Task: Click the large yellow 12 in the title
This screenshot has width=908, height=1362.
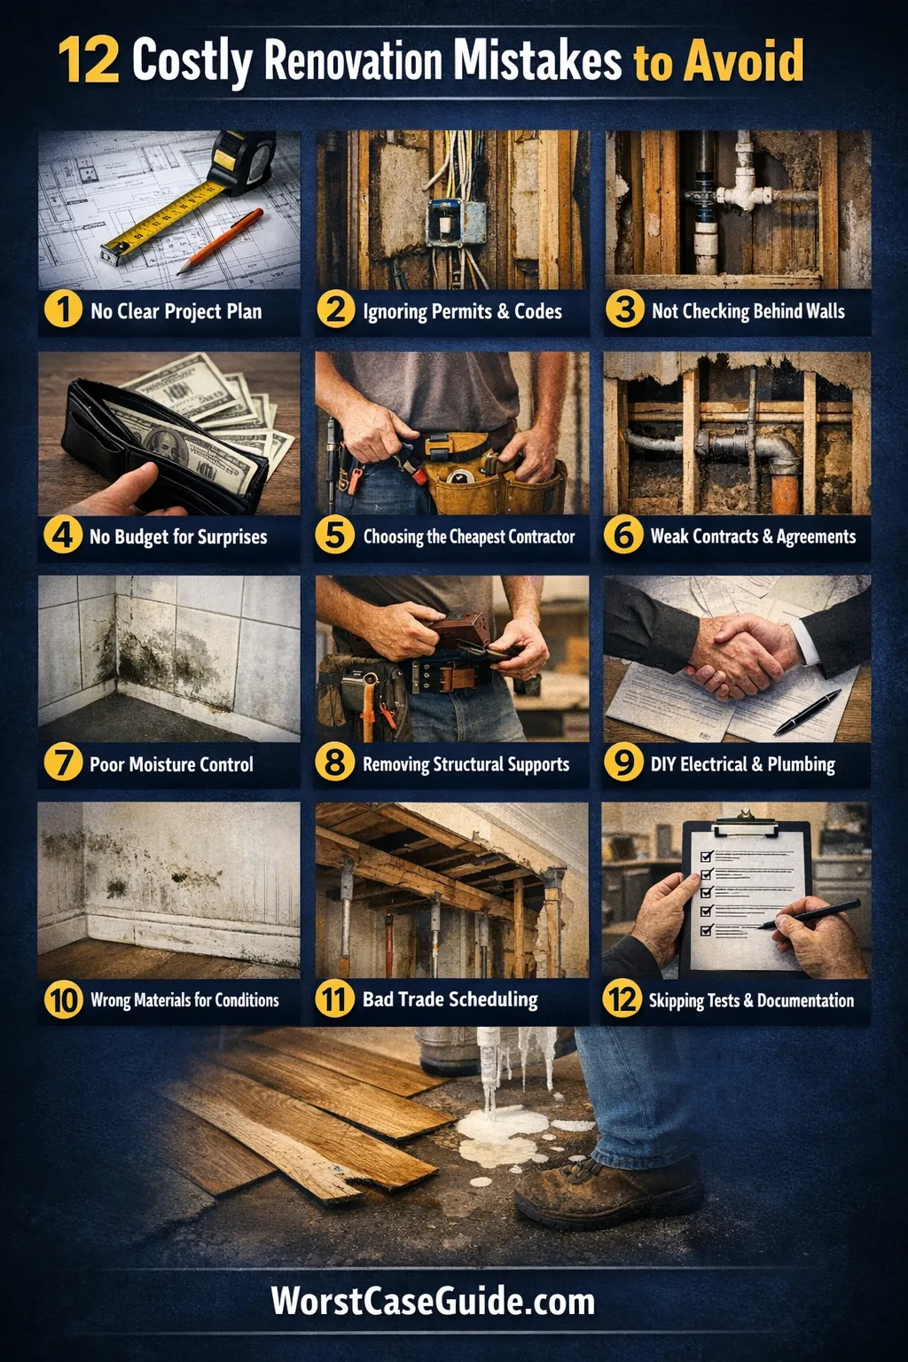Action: point(89,59)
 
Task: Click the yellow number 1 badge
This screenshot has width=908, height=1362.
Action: point(63,310)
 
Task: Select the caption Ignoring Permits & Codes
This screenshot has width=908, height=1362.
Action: point(462,311)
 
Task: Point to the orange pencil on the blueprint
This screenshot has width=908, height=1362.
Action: point(220,241)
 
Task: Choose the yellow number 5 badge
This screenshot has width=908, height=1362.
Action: point(334,536)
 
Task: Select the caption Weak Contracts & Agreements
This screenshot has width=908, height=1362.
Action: point(753,536)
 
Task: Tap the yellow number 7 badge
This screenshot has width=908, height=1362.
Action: point(63,763)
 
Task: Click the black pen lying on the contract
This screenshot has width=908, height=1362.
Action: point(807,713)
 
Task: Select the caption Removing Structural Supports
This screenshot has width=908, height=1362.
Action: point(466,764)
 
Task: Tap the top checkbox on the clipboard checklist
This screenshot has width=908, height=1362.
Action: point(706,856)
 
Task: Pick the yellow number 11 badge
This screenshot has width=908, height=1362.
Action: point(334,999)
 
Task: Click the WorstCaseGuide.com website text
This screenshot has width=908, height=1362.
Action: point(433,1301)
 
